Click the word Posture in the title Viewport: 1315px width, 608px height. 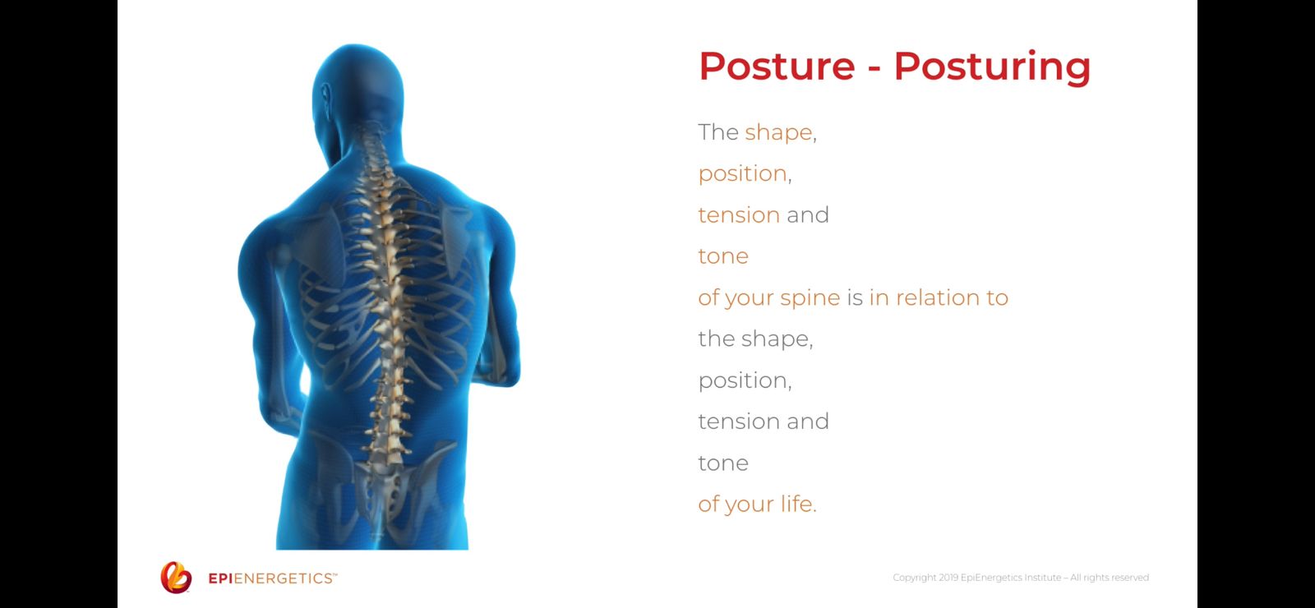pos(777,66)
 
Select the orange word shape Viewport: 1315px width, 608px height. pos(778,133)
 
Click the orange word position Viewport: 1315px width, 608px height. pos(743,174)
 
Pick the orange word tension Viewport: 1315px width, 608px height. pos(739,214)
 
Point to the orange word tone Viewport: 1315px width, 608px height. pos(723,256)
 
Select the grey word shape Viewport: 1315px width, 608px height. pos(777,340)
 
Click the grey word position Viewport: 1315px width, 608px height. pos(743,381)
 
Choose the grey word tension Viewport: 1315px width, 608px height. pos(739,421)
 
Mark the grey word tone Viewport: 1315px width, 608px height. pos(723,463)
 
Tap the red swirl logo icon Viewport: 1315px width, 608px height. pos(176,578)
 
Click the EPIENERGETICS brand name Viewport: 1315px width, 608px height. pos(272,578)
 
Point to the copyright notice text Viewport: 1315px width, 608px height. pos(1021,578)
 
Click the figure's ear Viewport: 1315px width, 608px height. pos(325,97)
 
